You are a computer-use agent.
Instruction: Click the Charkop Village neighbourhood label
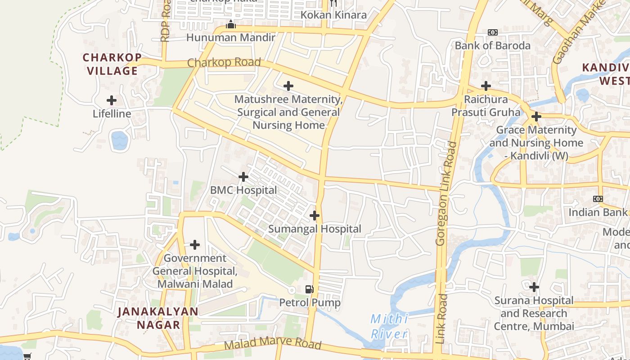112,64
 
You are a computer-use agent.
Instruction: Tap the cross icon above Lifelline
112,100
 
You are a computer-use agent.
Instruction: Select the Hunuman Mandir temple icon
230,24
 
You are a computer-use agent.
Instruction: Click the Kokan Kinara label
333,15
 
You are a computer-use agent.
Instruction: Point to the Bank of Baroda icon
493,32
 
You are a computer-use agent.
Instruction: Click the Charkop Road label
224,63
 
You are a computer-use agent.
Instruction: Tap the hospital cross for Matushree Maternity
288,85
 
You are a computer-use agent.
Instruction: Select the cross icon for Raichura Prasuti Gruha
486,85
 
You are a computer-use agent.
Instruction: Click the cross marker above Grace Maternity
536,117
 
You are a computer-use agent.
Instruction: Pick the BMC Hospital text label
243,190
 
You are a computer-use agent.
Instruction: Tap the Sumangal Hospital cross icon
315,216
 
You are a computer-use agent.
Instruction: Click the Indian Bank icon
598,199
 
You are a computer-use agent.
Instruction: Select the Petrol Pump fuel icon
310,289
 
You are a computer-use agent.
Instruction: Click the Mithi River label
389,327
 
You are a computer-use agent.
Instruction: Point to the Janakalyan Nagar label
157,318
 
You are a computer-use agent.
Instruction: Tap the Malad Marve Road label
273,345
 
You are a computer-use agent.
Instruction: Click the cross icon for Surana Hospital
534,287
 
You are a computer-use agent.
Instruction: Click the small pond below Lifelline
120,140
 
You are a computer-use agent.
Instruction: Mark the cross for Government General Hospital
195,245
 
